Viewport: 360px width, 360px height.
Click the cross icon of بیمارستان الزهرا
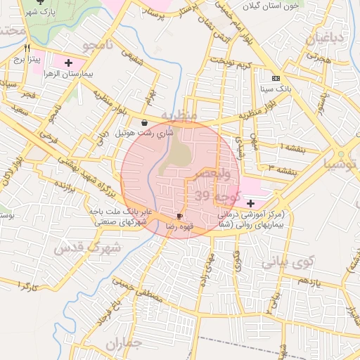click(67, 63)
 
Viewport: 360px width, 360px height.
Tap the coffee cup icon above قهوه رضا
click(179, 216)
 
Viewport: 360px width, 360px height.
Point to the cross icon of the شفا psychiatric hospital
click(251, 202)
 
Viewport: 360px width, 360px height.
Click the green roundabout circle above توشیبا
click(341, 154)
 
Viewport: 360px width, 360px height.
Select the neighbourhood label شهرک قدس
click(88, 247)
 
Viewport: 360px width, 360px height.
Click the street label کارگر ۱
click(20, 286)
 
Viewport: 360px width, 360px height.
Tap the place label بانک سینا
click(275, 89)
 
